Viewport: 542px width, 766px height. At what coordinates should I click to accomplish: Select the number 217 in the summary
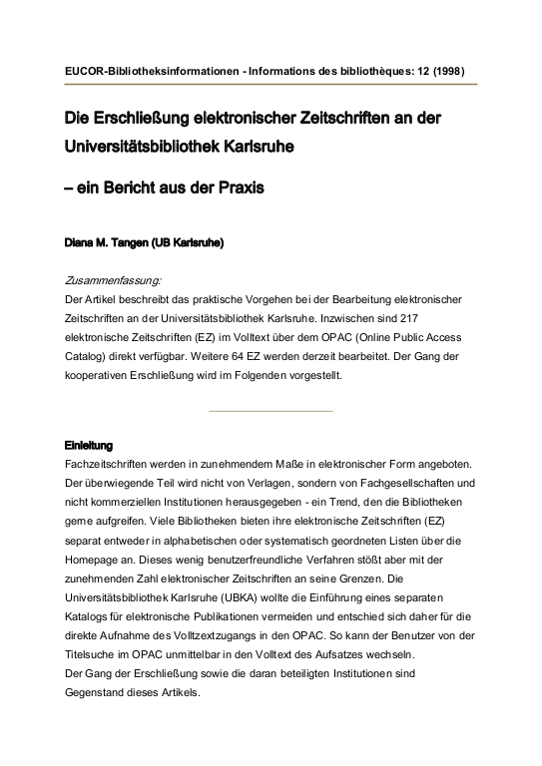451,317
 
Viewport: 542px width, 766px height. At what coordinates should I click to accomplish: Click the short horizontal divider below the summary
271,410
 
